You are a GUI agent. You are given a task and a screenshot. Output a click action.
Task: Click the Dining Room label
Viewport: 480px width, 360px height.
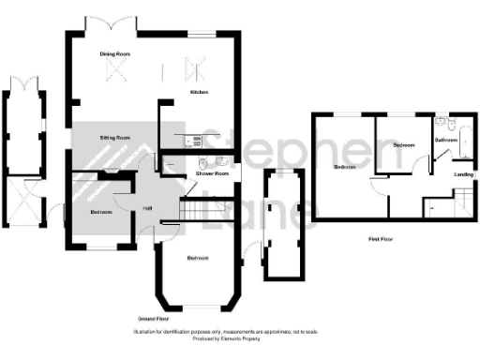click(x=115, y=54)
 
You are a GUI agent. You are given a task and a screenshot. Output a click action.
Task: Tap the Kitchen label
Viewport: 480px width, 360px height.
click(x=199, y=93)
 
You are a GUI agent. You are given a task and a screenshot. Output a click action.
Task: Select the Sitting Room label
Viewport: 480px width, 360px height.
click(x=115, y=138)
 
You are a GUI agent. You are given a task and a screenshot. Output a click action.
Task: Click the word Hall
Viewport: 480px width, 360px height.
click(x=147, y=207)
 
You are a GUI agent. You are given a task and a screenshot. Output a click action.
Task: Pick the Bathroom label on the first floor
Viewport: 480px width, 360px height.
click(x=446, y=140)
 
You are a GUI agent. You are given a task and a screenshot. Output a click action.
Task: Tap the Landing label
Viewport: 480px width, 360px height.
click(x=463, y=174)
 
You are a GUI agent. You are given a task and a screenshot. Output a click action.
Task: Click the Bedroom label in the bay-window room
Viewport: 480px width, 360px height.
click(x=198, y=258)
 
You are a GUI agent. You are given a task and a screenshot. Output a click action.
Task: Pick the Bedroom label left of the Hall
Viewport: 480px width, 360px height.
click(x=102, y=213)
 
